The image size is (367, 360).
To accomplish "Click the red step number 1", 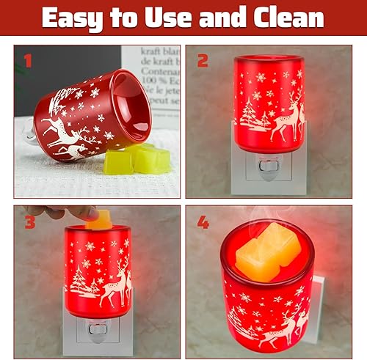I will point(28,62).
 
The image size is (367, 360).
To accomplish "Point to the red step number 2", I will point(203,62).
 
